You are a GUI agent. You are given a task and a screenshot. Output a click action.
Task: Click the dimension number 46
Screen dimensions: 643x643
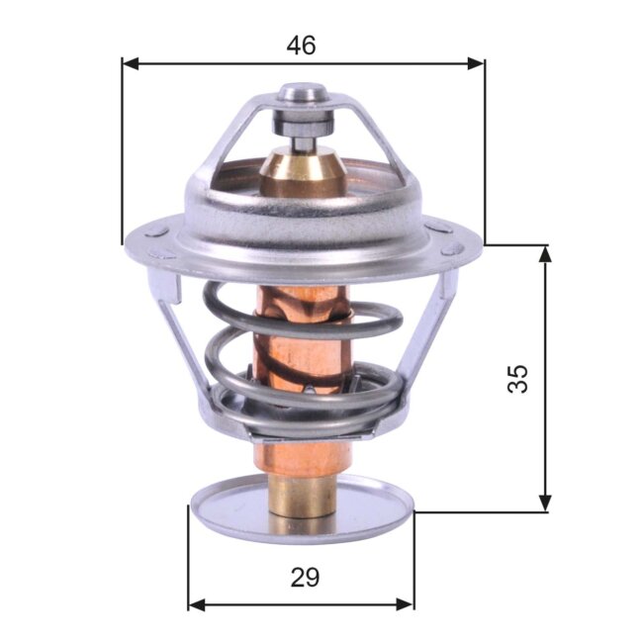coord(302,46)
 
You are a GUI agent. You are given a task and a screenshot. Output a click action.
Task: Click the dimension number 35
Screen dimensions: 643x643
coord(518,378)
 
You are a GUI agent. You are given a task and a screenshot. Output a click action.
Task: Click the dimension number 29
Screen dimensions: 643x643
coord(305,577)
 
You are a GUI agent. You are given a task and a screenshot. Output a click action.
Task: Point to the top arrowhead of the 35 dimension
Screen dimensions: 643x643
coord(544,254)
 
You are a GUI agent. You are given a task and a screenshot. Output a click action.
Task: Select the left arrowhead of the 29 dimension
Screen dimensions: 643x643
coord(196,603)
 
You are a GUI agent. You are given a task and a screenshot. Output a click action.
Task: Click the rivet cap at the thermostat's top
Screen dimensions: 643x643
coord(303,95)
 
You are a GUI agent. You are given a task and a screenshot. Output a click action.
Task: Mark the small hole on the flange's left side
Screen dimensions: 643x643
coord(156,232)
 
